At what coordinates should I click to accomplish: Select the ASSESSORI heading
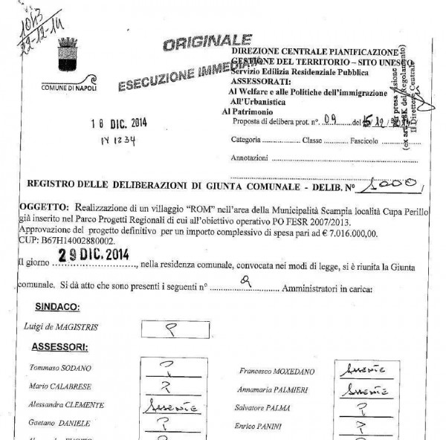59,346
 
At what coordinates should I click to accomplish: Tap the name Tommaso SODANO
56,369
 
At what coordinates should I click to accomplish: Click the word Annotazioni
249,158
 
